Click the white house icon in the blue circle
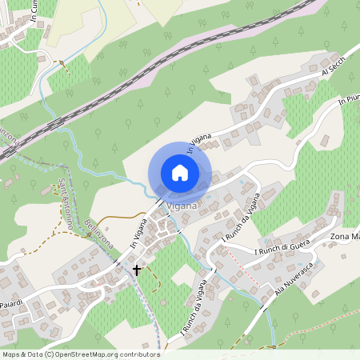click(x=180, y=172)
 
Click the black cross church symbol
click(x=137, y=270)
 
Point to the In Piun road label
click(x=349, y=100)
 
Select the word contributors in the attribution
click(x=139, y=354)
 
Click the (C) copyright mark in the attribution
click(x=50, y=354)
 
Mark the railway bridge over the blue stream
click(x=58, y=122)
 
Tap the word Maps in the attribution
click(x=11, y=354)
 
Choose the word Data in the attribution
click(x=34, y=354)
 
